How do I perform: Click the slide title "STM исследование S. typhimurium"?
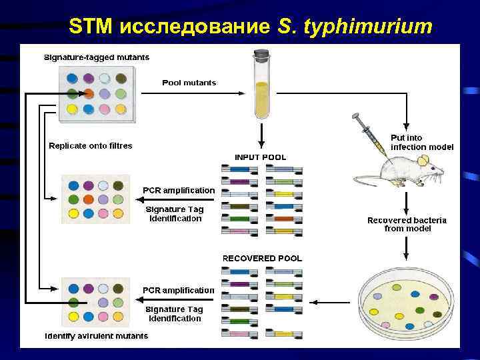point(251,26)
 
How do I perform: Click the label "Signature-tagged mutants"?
point(97,57)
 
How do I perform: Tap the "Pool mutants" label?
point(189,83)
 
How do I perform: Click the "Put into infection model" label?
point(422,142)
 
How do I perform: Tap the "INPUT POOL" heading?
point(261,157)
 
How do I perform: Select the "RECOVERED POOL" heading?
point(262,258)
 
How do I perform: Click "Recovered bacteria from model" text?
point(407,224)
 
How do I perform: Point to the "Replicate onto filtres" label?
point(91,145)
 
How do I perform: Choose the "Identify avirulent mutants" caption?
point(97,336)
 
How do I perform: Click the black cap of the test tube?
point(261,53)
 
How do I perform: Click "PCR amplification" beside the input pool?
point(179,190)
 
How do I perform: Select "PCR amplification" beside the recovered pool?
point(179,290)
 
